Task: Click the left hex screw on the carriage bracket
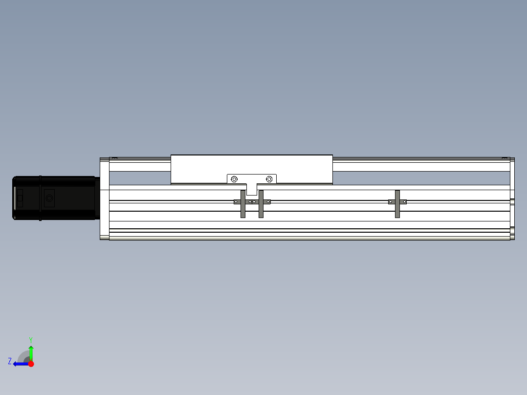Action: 234,179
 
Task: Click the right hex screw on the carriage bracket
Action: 269,179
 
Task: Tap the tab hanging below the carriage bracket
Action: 252,190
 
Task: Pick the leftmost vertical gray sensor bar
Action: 243,204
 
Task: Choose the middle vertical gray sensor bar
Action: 261,204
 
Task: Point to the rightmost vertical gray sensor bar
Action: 397,204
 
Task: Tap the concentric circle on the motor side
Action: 49,198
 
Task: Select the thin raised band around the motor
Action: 40,198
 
